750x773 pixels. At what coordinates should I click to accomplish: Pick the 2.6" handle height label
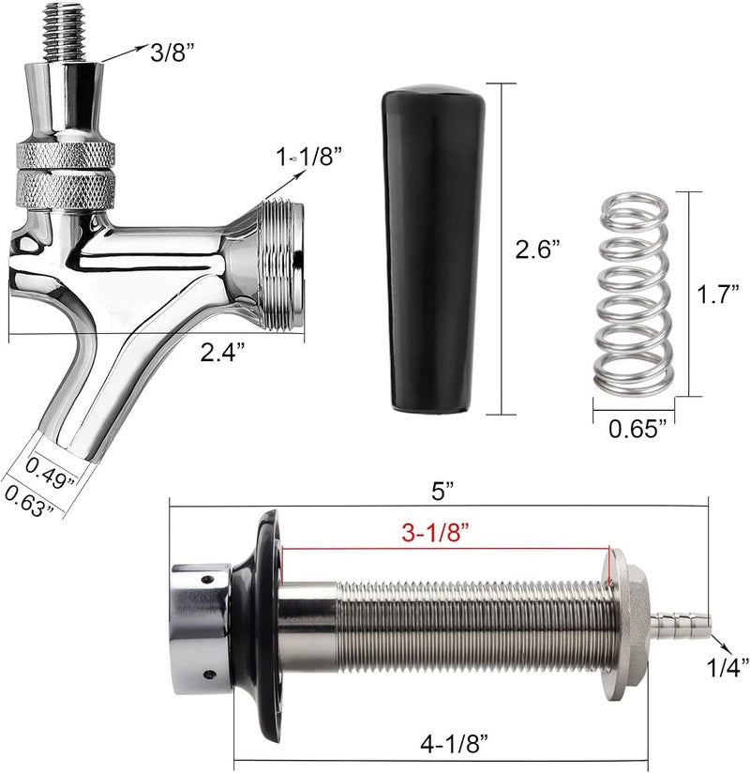point(538,250)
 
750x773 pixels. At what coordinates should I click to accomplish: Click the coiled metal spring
point(633,292)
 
